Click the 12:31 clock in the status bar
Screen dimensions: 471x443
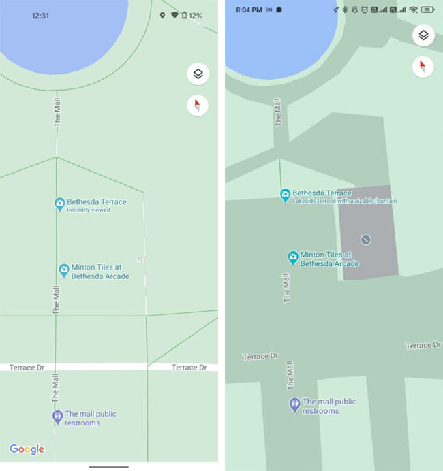tap(41, 15)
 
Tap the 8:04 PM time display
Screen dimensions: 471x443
tap(249, 10)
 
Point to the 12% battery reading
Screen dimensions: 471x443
tap(196, 15)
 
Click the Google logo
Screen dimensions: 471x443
tap(27, 449)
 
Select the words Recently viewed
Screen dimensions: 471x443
tap(89, 210)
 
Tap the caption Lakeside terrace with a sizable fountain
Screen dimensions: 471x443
tap(345, 201)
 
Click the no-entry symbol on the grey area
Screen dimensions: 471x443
tap(366, 240)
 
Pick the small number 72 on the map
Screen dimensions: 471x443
tap(139, 260)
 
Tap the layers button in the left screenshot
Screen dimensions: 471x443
tap(198, 74)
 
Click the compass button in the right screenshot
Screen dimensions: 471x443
tap(423, 66)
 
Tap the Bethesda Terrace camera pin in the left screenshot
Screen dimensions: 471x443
tap(60, 204)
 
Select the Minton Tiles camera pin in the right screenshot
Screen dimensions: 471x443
tap(292, 257)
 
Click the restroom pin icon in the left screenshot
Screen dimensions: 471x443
tap(57, 417)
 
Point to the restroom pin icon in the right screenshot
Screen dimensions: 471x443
tap(294, 405)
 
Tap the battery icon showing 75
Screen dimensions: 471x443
tap(427, 10)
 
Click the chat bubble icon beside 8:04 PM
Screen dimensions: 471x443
tap(279, 10)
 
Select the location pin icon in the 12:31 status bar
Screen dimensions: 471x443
tap(162, 15)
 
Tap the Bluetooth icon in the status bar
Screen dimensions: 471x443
tap(345, 10)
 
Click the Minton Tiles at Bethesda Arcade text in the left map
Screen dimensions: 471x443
tap(100, 272)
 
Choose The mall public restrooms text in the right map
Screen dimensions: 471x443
tap(329, 406)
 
